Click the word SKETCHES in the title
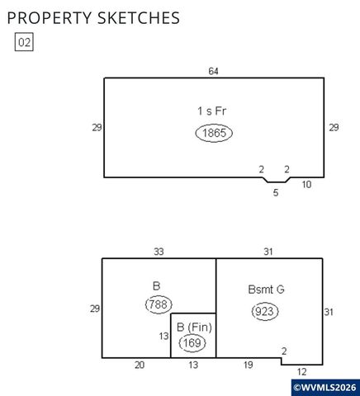pos(139,18)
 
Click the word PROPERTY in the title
pos(50,18)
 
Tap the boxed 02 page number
pos(24,42)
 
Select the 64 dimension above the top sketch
pos(213,71)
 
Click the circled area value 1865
pos(214,133)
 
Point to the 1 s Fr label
pos(212,111)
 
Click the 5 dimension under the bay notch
pos(276,193)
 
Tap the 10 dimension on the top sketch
pos(306,184)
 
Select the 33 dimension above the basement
pos(159,252)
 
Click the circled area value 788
pos(159,304)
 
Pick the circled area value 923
pos(265,312)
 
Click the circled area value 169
pos(192,343)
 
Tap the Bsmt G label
pos(266,290)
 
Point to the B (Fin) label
pos(194,328)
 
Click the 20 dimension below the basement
pos(140,365)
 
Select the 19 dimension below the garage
pos(249,365)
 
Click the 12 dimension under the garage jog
pos(301,372)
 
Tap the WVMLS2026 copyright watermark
pos(324,388)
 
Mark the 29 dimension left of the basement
pos(95,309)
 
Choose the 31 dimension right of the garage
pos(329,312)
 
